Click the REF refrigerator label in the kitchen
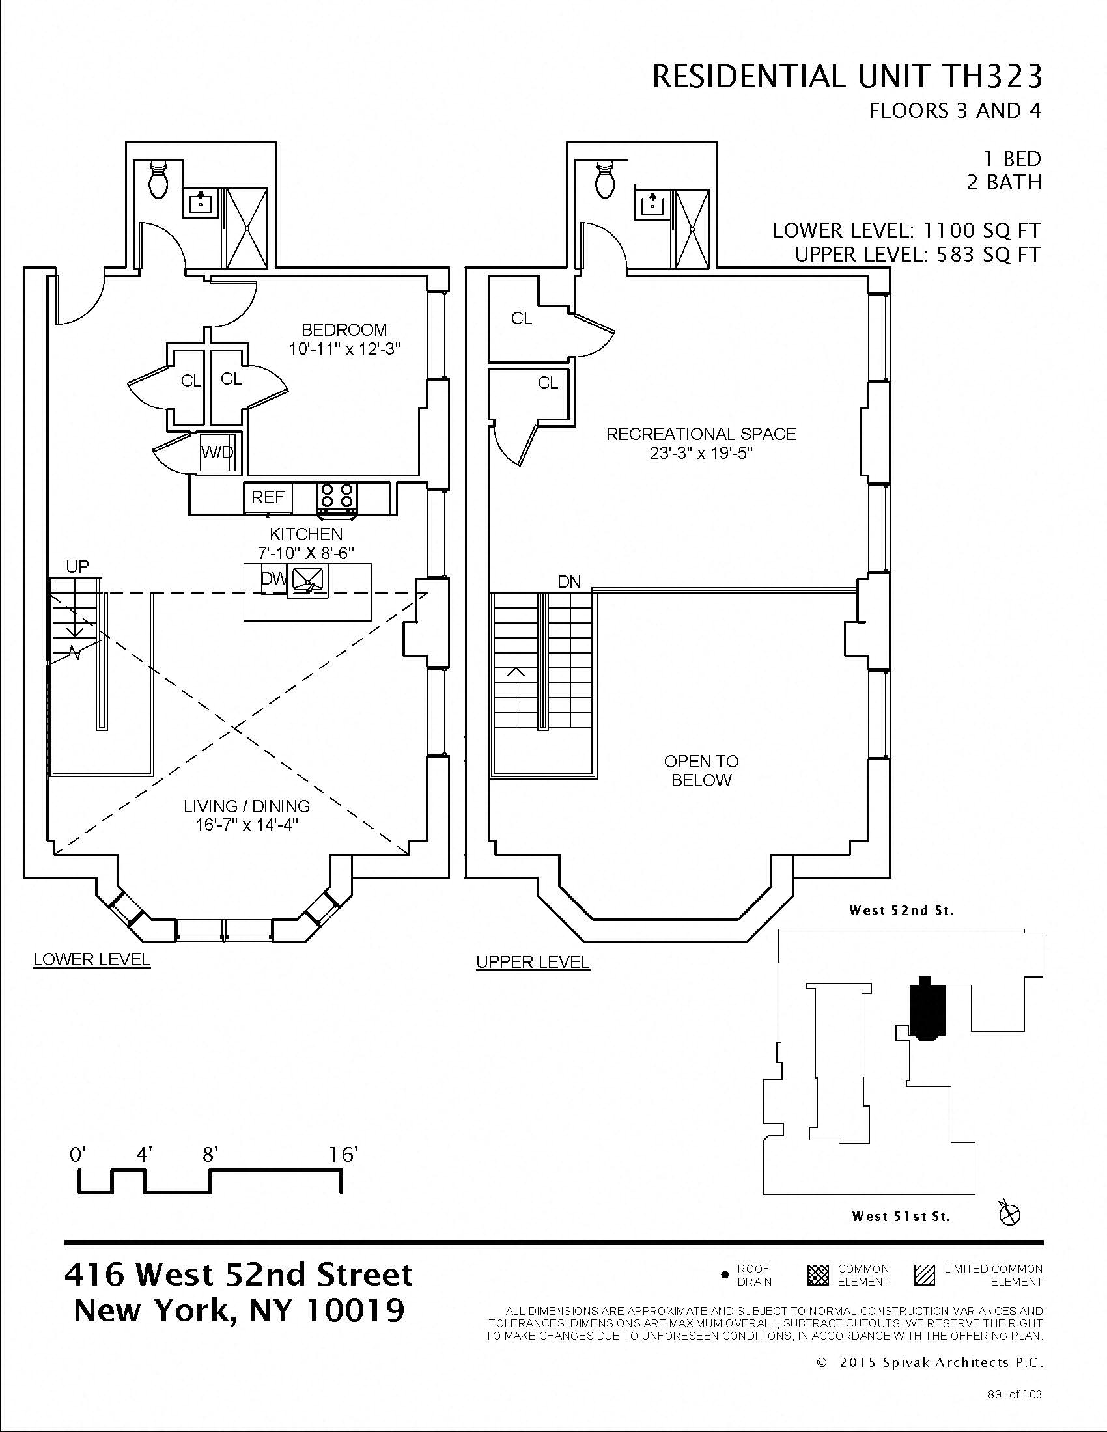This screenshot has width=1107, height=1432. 268,497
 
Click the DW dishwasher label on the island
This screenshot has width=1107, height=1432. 273,578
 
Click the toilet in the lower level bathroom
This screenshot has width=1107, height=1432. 158,180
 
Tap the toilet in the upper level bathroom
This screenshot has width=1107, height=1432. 605,180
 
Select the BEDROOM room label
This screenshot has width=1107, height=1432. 344,330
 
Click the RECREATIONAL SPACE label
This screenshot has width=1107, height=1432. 701,434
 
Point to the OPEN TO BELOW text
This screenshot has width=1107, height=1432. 701,771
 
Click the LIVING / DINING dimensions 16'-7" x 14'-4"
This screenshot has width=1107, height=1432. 247,825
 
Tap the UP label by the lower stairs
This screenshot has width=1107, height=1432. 77,566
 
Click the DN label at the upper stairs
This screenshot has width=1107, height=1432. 568,581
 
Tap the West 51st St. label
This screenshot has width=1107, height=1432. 901,1217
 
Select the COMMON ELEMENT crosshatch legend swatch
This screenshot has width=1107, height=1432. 817,1275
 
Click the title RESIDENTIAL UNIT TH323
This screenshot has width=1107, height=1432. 847,77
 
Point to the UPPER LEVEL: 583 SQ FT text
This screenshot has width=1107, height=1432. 918,255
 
